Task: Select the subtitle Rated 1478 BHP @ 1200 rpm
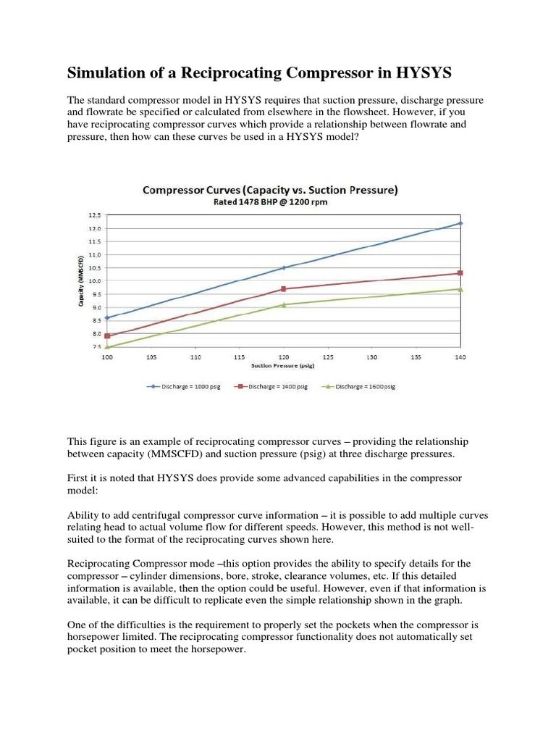[270, 202]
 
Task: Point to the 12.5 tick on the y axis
[95, 215]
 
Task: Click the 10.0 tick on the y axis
[95, 281]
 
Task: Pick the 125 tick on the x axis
[328, 357]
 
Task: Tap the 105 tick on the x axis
[151, 357]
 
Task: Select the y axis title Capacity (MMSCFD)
[82, 281]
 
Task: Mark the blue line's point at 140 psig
[460, 223]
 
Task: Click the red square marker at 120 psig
[284, 289]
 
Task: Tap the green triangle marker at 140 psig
[460, 289]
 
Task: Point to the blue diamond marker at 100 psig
[107, 317]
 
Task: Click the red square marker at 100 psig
[107, 335]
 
